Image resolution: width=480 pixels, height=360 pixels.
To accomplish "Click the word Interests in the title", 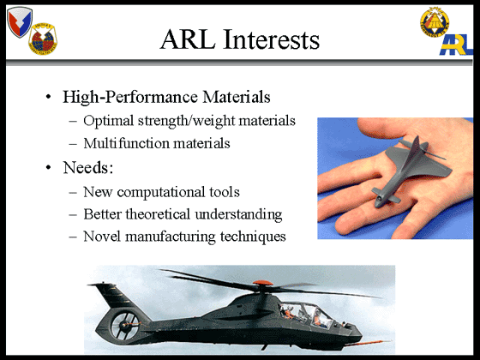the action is pos(272,39).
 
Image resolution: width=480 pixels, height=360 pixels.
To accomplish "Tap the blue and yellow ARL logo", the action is pos(456,45).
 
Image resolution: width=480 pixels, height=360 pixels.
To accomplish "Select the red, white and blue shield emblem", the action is pos(20,22).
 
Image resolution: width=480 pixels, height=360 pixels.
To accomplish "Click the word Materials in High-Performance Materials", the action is pos(237,97).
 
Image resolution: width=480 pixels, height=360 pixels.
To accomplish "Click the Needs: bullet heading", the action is pos(88,167).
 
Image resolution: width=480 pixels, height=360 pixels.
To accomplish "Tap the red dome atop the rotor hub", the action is pos(262,283).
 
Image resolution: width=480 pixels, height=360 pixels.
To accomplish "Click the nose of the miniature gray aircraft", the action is pos(379,202).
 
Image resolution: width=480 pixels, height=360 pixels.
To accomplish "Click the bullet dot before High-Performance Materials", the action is pos(48,97).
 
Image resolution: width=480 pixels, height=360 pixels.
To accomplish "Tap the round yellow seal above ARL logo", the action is pos(435,22).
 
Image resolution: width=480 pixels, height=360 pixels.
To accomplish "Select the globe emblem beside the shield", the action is pos(43,39).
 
